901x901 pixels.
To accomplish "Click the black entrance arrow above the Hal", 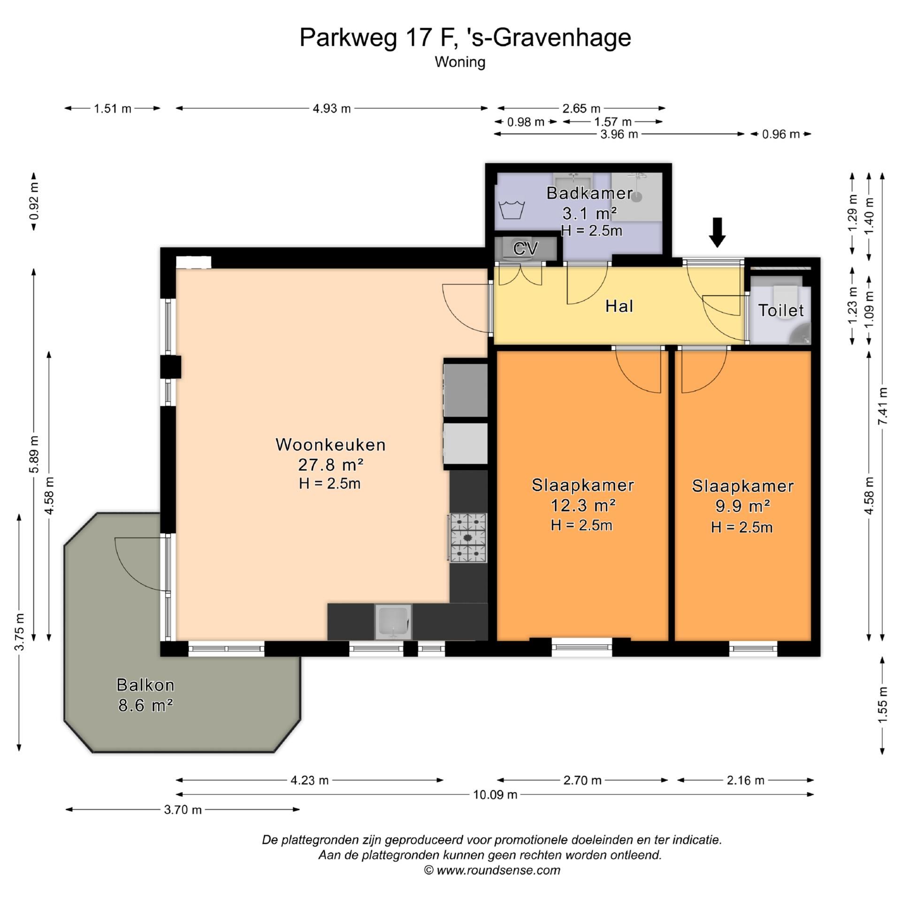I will pos(717,232).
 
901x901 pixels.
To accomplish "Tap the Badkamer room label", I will pos(589,193).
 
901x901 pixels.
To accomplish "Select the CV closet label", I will pos(525,248).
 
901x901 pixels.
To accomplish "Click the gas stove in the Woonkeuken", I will pos(467,537).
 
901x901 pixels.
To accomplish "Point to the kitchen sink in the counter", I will pos(393,622).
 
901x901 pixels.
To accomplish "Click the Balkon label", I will pos(145,685).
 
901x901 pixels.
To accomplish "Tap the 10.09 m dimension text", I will pos(495,794).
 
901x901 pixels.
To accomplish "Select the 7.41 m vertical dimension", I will pos(883,406).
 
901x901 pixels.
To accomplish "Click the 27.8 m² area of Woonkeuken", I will pos(331,465).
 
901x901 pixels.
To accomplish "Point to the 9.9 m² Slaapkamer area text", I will pos(742,506).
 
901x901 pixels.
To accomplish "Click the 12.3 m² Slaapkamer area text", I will pos(582,505).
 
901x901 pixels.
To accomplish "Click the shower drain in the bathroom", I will pos(636,197).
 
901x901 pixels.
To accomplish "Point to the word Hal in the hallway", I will pos(619,306).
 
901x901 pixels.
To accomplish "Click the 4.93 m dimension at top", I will pos(331,108).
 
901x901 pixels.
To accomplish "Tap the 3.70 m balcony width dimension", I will pos(183,809).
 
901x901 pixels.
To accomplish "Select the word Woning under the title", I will pos(460,62).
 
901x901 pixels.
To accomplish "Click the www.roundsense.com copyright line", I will pos(492,870).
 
